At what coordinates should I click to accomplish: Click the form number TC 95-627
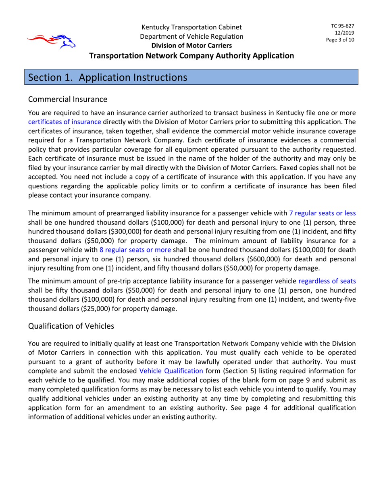click(343, 25)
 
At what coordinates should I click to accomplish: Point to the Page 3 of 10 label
click(340, 40)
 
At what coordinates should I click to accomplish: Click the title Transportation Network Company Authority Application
click(191, 56)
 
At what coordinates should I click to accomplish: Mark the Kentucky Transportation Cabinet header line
click(191, 27)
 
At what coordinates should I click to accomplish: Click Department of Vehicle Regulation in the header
click(191, 36)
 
